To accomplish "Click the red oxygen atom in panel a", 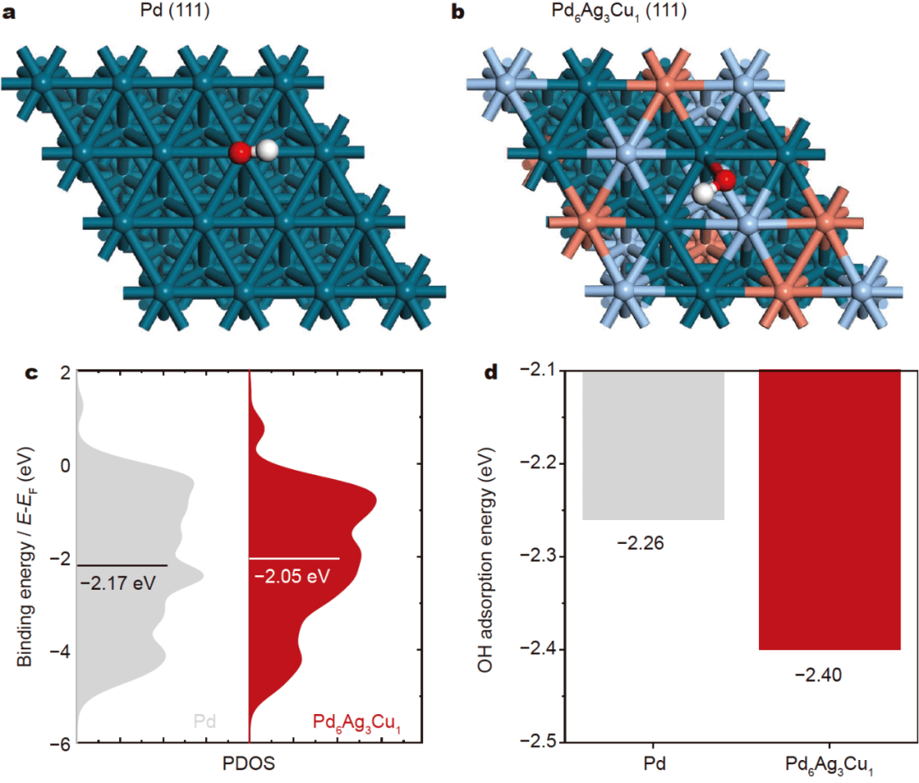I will click(240, 152).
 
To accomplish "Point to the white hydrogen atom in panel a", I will click(266, 151).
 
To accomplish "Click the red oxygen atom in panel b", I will click(725, 180).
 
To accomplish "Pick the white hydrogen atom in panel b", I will click(704, 193).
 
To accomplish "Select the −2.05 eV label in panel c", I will click(292, 576).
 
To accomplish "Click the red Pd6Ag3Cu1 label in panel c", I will click(356, 724).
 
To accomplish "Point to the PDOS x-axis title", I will click(248, 765).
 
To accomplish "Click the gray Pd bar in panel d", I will click(653, 445).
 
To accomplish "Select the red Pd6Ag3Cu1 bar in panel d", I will click(829, 510).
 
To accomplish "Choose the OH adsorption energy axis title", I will click(486, 554).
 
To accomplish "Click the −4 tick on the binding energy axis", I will click(58, 650).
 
